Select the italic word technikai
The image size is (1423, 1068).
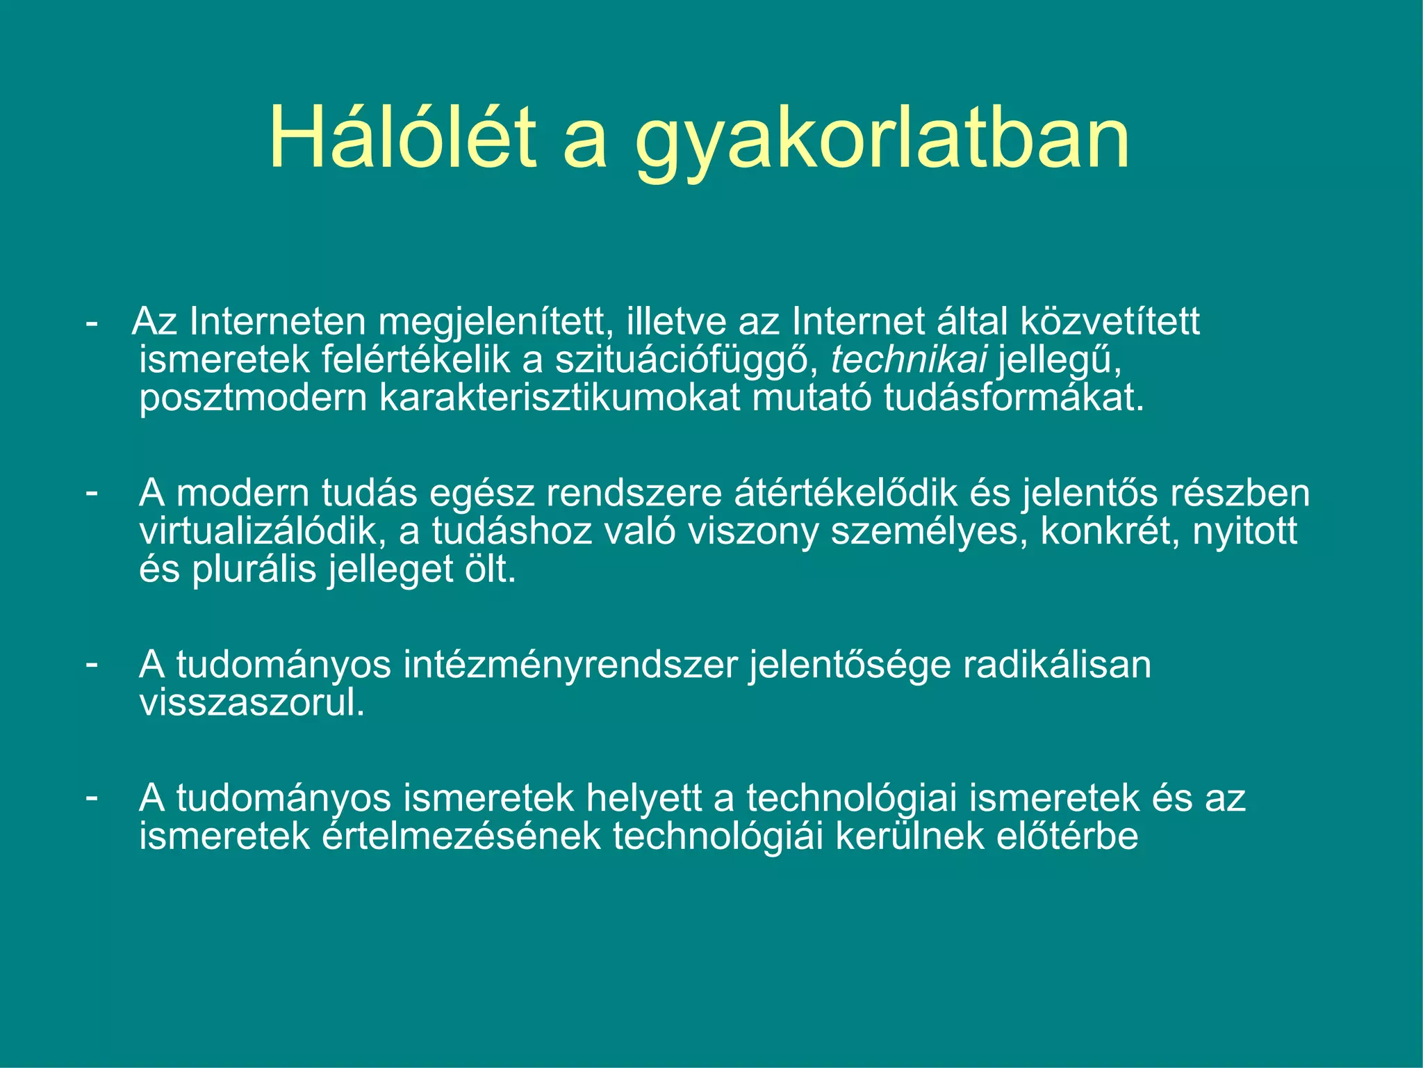909,360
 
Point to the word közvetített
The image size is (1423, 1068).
1110,321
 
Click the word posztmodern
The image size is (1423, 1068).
253,399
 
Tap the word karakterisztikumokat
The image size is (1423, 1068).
559,398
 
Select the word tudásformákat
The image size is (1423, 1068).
1013,398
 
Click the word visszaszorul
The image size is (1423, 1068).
252,703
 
